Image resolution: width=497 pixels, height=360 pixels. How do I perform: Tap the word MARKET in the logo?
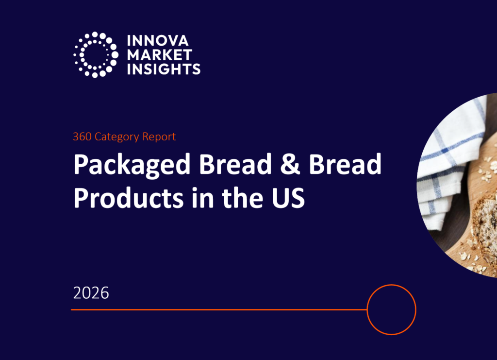point(159,54)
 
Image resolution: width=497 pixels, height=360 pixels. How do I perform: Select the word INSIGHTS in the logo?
point(163,69)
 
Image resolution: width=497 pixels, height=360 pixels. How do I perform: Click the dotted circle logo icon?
point(96,54)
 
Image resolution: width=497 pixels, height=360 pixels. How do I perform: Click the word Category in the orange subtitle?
point(117,137)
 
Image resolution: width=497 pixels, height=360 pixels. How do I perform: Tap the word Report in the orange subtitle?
point(159,137)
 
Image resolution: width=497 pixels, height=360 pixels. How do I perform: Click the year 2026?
point(91,293)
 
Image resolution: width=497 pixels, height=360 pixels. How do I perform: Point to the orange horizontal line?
point(218,309)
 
